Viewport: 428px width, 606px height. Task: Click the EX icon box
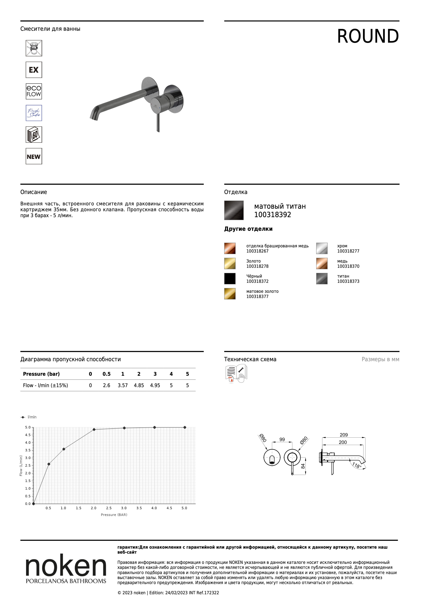(34, 70)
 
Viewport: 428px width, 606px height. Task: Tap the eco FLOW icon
(34, 91)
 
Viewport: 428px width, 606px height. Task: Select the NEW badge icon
(34, 156)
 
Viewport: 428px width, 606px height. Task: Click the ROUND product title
(368, 36)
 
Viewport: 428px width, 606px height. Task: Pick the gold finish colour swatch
(230, 263)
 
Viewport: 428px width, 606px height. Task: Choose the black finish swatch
(230, 278)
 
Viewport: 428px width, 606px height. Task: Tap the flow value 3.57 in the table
(123, 386)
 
